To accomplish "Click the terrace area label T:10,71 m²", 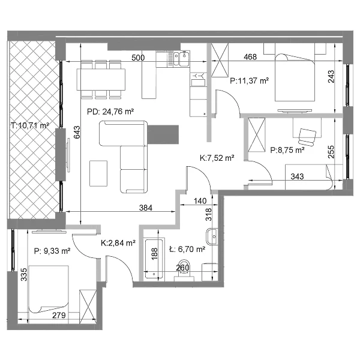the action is coord(30,125).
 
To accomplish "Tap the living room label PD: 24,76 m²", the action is coord(110,112).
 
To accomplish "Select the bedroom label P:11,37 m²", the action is coord(250,81).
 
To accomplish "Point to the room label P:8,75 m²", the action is coord(287,150).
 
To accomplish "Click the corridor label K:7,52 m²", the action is coord(217,158).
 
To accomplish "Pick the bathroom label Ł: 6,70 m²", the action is coord(187,249).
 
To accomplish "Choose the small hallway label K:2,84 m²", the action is coord(118,243).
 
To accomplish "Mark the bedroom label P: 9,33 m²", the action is coord(52,251).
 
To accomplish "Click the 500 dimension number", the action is coord(138,58).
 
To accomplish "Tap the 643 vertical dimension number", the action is coord(77,132).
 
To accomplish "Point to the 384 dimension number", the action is coord(146,208).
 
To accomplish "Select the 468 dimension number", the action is coord(250,57).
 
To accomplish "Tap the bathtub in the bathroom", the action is coord(154,259).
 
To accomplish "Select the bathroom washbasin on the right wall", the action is coord(212,237).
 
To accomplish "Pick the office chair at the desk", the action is coord(307,137).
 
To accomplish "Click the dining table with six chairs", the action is coord(101,79).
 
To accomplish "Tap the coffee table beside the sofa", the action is coord(98,173).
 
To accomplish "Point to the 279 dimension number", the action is coord(59,316).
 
